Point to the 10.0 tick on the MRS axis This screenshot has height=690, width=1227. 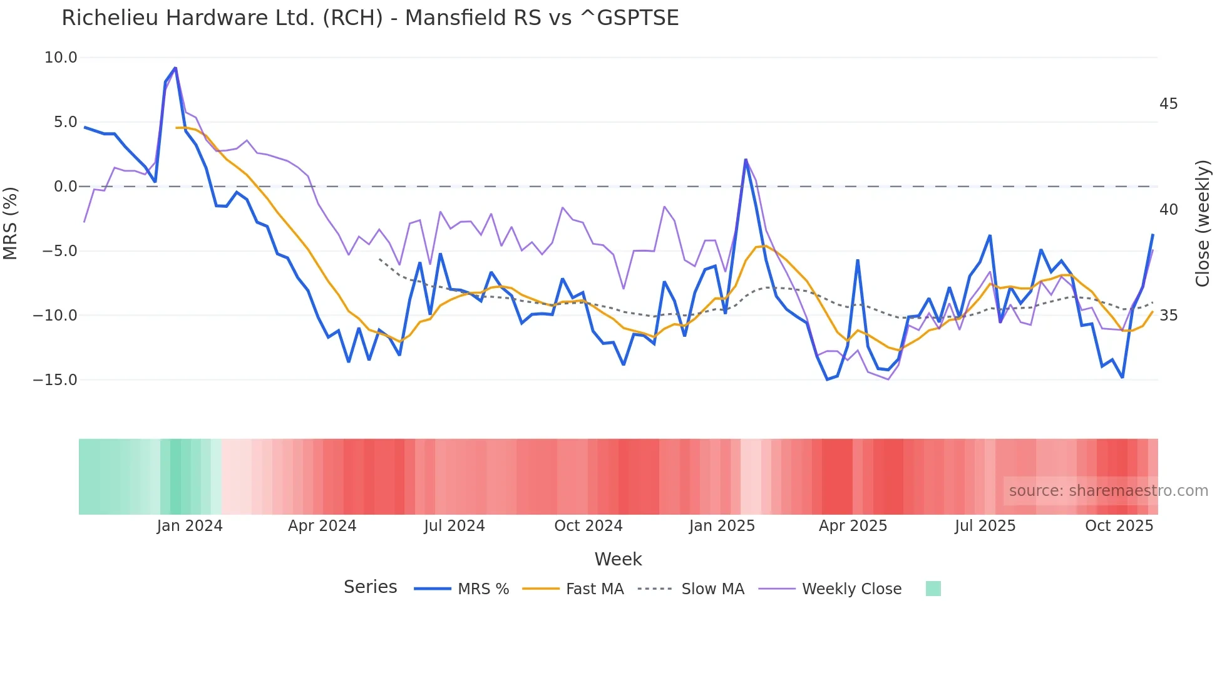pos(61,58)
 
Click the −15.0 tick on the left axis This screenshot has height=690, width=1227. pos(55,380)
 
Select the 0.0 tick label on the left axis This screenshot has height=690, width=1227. pos(65,187)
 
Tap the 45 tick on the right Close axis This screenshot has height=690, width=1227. pos(1168,104)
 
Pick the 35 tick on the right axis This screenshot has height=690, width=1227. pos(1168,316)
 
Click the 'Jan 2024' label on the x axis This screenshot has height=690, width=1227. pos(190,526)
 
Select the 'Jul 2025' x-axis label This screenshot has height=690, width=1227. pos(985,526)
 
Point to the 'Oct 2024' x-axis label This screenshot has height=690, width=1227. pos(588,526)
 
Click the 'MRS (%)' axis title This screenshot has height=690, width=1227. pos(11,223)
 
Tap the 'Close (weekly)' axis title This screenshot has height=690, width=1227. pos(1202,224)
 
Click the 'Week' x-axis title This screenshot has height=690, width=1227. pos(618,559)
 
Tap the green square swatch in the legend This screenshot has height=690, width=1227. pos(933,589)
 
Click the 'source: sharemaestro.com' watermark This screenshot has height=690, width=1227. pos(1108,491)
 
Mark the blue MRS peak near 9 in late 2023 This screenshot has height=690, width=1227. pos(175,68)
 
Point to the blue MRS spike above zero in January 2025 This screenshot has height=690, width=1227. pos(746,160)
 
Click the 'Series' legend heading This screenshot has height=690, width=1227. pos(370,587)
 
